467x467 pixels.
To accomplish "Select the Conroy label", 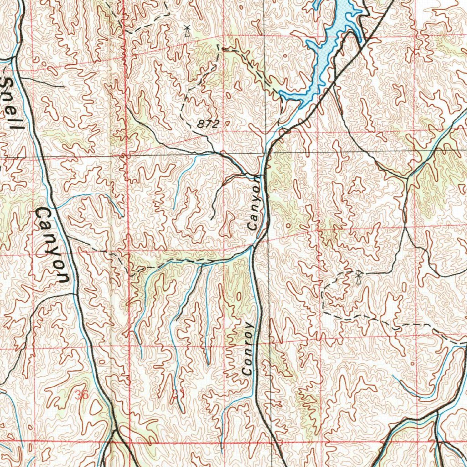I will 247,349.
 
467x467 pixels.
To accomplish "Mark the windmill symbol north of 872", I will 186,31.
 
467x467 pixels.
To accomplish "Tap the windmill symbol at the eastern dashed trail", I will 358,277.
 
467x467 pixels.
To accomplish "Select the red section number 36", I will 82,395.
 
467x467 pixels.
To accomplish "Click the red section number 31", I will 177,393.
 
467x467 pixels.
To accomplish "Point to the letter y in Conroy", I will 249,327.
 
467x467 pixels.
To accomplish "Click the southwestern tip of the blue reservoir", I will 282,95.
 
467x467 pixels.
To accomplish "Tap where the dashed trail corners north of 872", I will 219,46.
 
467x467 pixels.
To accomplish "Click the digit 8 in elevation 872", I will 202,124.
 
